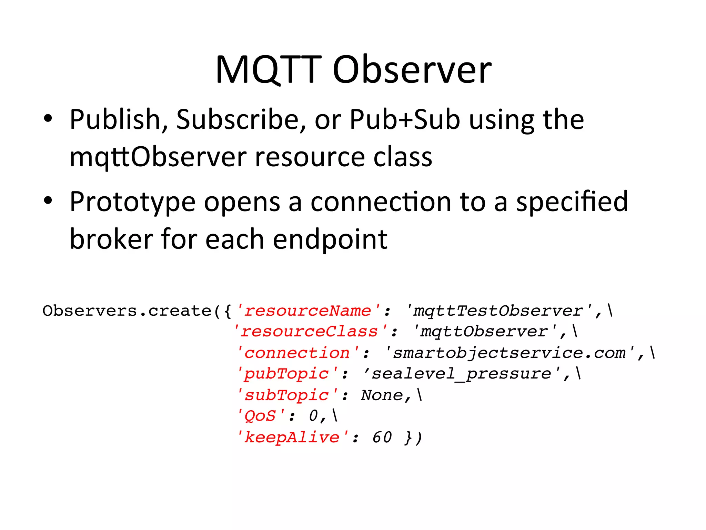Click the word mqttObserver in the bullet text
click(158, 157)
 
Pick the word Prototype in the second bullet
click(133, 202)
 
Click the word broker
click(111, 239)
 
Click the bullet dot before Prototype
click(48, 200)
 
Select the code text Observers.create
click(127, 311)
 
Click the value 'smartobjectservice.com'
click(510, 353)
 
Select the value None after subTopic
click(382, 395)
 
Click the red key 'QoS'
click(261, 416)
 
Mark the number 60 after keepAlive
click(382, 438)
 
